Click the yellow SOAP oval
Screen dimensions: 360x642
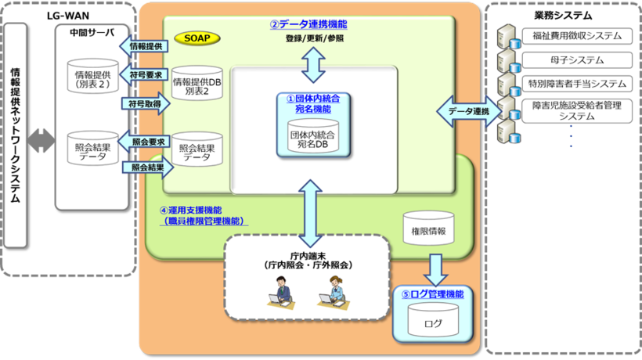point(197,38)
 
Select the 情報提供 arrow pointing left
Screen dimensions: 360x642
point(143,47)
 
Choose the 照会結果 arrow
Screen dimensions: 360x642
point(145,167)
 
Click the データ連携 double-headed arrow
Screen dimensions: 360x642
point(467,111)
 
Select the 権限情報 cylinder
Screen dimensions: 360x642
point(428,232)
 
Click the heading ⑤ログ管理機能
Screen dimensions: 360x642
point(432,294)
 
